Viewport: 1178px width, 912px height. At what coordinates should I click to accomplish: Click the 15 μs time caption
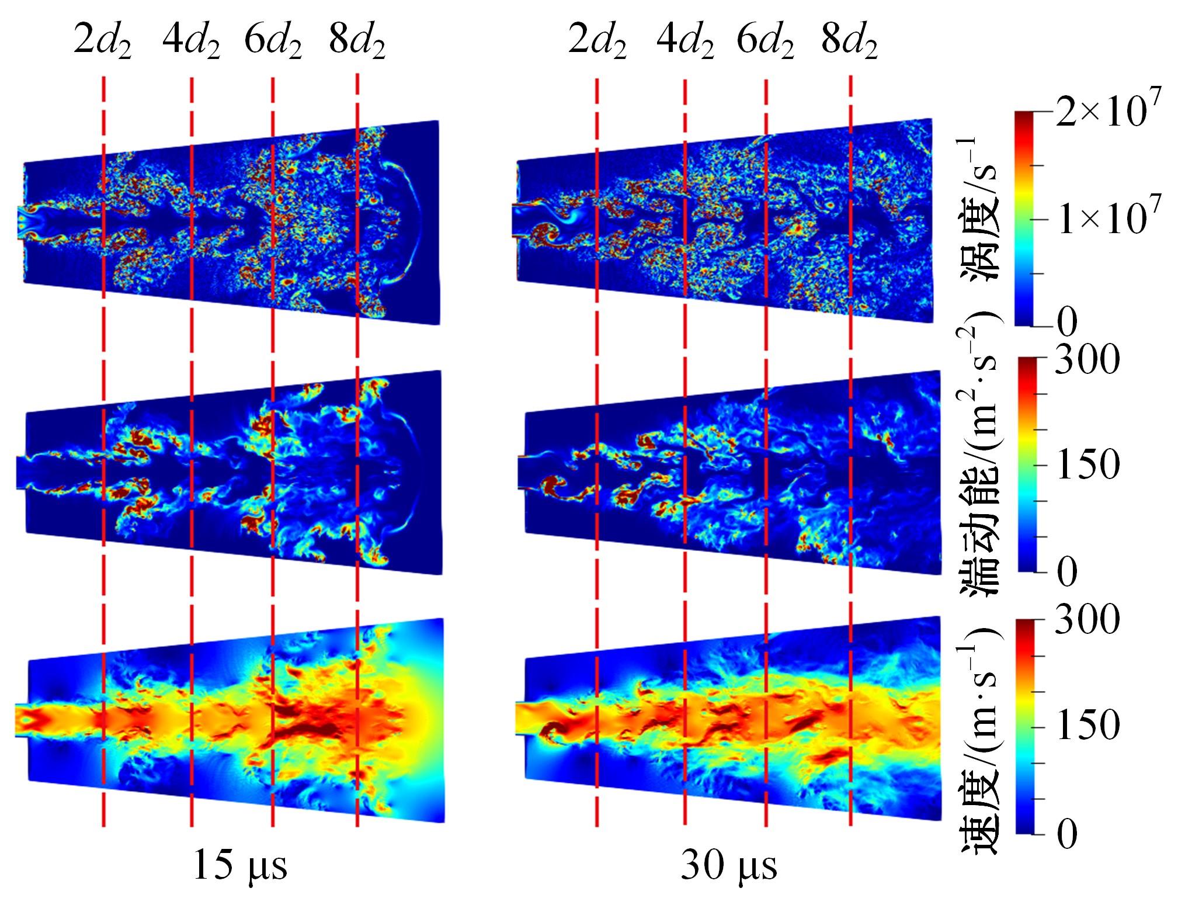(x=239, y=865)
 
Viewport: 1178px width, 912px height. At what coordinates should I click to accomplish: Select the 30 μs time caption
(x=729, y=865)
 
